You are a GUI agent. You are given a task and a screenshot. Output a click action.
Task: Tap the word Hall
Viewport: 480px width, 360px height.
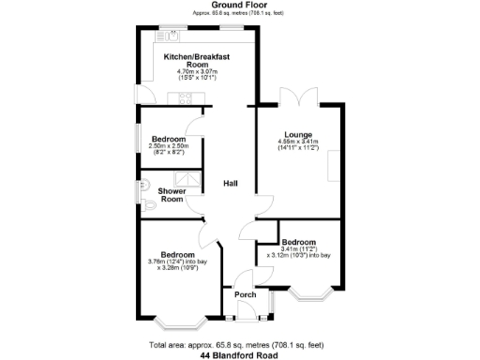point(230,184)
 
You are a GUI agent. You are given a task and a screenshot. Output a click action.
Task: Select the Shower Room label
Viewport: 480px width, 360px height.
point(172,195)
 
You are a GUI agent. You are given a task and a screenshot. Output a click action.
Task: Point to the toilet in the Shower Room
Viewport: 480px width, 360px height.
point(150,206)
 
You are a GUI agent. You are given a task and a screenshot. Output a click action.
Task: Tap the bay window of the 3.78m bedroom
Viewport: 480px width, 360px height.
point(177,324)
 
